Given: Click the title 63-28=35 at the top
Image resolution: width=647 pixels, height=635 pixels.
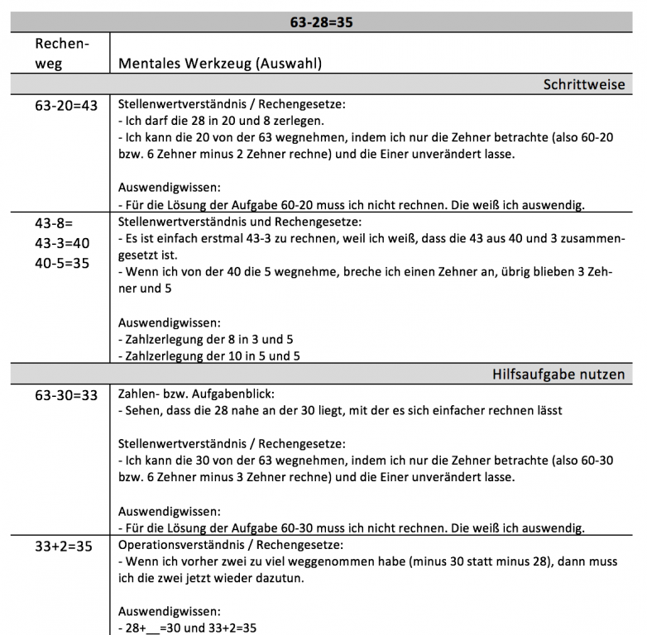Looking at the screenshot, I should coord(322,22).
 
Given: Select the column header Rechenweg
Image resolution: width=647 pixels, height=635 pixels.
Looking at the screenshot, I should coord(60,53).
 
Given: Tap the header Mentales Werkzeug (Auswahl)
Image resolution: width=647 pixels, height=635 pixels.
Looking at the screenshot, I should coord(220,63).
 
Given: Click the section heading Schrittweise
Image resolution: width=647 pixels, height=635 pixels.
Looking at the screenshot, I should coord(583,84).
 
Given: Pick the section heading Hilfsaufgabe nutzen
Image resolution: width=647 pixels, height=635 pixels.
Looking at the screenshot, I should coord(558,374).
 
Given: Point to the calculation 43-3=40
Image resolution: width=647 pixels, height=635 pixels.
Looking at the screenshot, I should coord(62,243).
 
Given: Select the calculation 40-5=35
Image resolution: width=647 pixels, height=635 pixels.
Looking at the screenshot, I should coord(62,264).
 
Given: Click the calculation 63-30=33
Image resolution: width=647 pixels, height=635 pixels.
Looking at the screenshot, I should coord(66,395).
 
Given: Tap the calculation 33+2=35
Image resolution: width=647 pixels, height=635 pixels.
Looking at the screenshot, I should coord(63,547).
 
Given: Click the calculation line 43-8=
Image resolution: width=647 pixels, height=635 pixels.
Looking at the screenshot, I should coord(55,222).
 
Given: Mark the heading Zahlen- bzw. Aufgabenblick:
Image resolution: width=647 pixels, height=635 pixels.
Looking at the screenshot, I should coord(197,394).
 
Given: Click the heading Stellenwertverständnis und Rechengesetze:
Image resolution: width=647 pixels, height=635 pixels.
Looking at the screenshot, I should coord(241,222).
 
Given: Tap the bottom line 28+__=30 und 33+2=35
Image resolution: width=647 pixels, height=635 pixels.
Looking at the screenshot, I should coord(188,628).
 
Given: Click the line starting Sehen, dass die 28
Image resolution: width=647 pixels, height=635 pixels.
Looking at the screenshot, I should coord(341,410).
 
